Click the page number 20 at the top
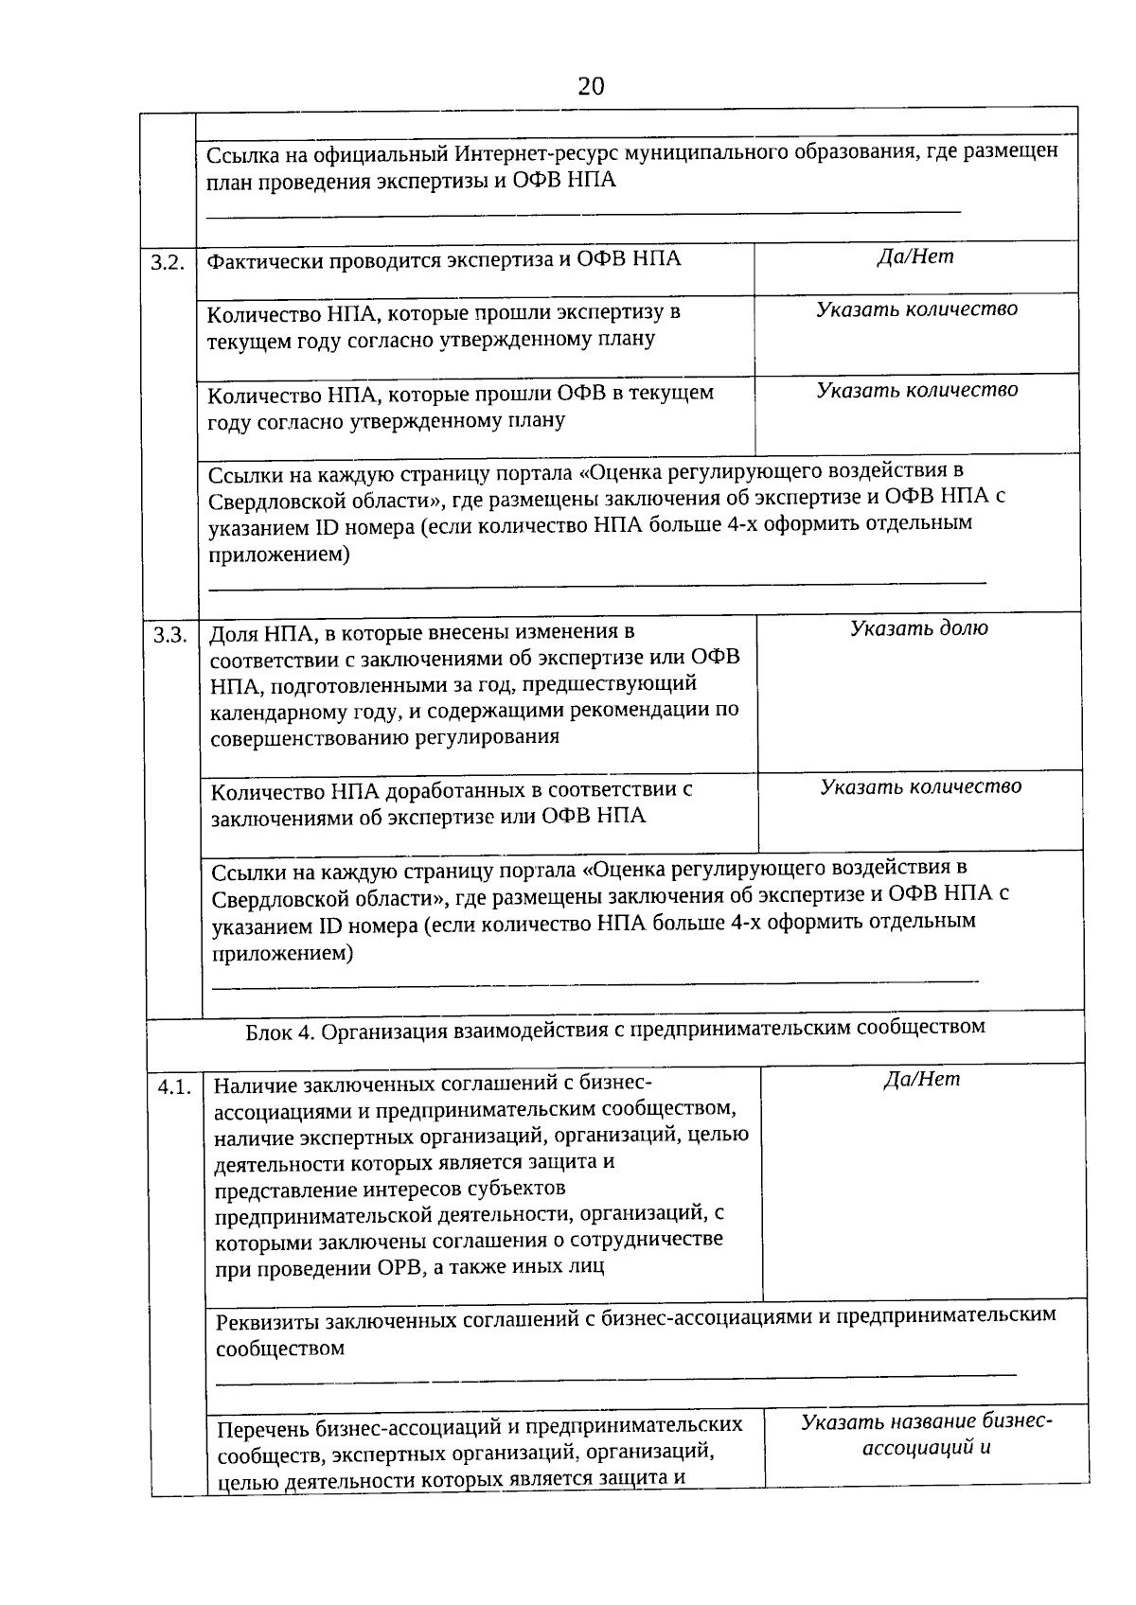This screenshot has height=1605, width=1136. point(590,87)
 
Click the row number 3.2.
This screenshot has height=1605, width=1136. point(168,263)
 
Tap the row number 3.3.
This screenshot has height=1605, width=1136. point(170,635)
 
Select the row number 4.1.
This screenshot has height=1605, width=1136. point(175,1088)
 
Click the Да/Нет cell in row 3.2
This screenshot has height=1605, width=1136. point(915,256)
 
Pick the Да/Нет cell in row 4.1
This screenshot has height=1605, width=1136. point(921,1080)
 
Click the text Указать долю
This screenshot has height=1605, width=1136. point(918,628)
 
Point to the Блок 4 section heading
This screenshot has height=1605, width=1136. point(614,1028)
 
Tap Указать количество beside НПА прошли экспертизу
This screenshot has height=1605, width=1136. point(916,309)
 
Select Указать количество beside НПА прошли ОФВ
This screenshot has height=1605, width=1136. point(917,390)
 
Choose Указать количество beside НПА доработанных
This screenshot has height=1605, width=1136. point(920,786)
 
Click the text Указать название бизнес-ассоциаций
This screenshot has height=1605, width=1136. point(926,1434)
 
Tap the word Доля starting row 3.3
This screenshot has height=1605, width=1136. point(233,633)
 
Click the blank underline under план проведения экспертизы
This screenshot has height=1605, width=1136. point(582,213)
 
